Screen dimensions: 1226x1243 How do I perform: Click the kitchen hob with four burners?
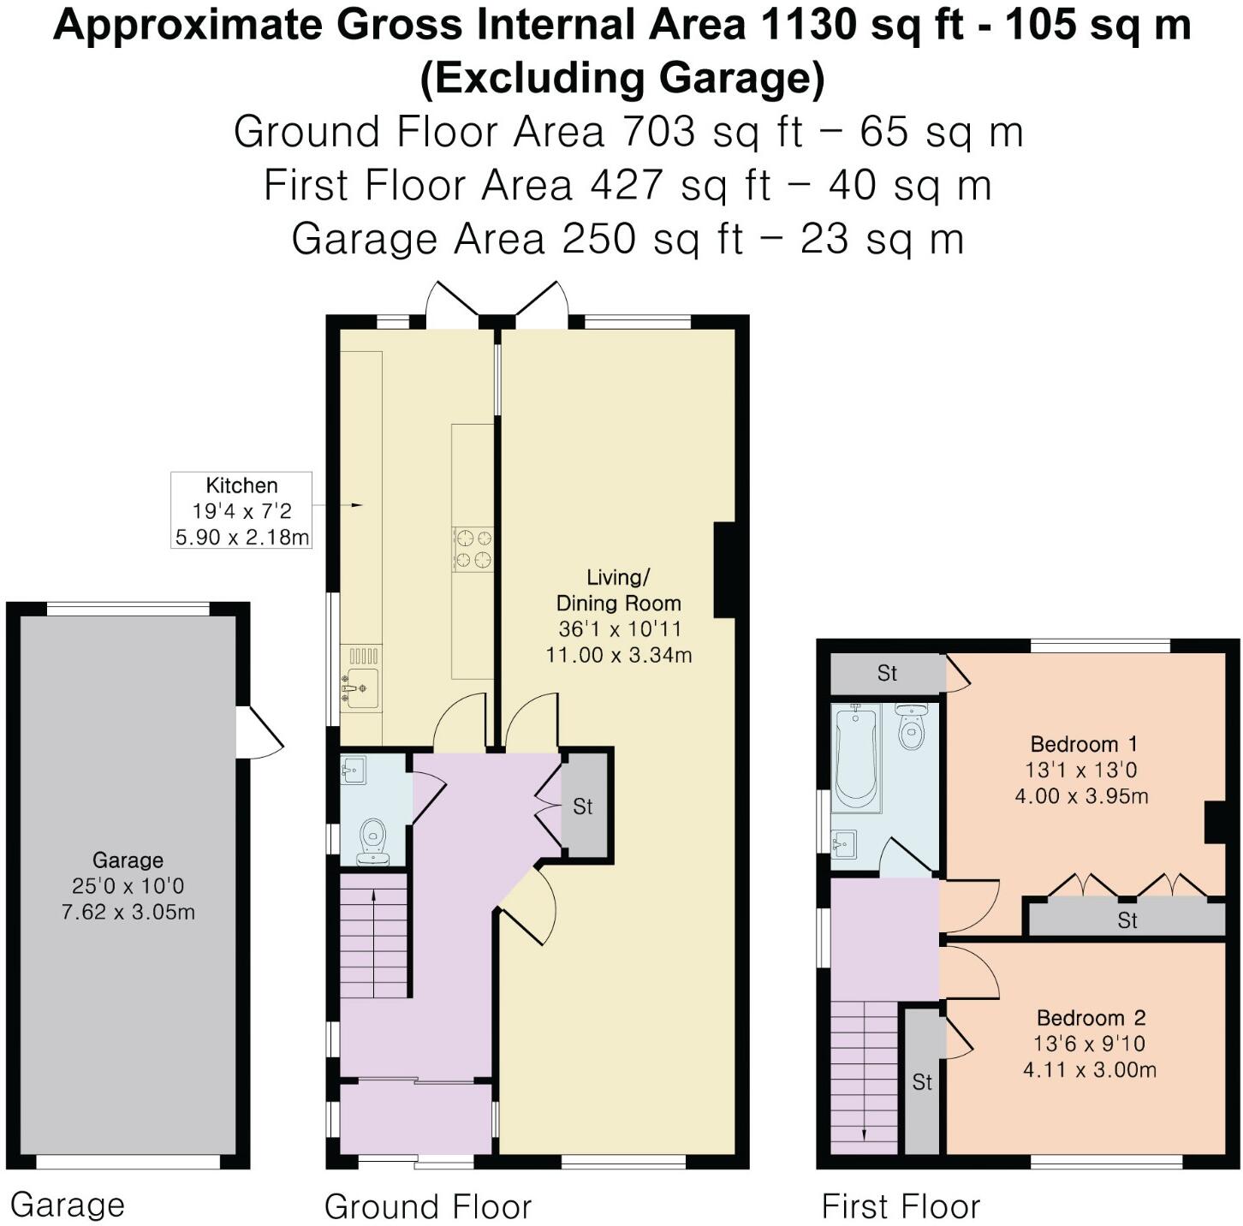pos(473,549)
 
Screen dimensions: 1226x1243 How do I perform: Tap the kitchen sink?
pos(360,687)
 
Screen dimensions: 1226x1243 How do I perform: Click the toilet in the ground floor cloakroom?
pos(373,840)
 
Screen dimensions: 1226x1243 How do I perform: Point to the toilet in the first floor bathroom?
pos(912,727)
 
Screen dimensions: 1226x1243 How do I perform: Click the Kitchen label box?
pos(241,510)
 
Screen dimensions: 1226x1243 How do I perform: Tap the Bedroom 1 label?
pos(1083,743)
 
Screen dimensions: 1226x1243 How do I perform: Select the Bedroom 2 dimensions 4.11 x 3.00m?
pos(1089,1069)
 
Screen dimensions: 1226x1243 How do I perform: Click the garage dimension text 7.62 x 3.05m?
pos(128,912)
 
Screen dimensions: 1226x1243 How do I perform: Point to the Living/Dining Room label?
pos(618,591)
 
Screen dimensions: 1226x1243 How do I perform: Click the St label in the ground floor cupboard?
pos(583,806)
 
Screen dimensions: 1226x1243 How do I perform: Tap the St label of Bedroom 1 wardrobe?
pos(1127,920)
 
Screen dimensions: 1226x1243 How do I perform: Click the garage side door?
pos(259,733)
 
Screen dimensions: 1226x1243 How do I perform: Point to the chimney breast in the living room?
pos(724,569)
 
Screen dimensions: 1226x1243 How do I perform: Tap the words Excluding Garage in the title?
pos(622,79)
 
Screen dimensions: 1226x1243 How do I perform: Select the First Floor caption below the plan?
pos(900,1206)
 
